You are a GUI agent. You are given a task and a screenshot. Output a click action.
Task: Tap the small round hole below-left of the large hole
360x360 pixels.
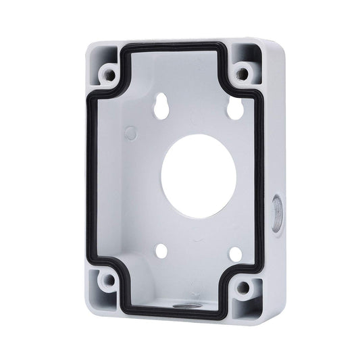pyautogui.click(x=162, y=251)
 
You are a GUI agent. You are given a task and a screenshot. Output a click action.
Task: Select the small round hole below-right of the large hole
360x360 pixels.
pyautogui.click(x=234, y=254)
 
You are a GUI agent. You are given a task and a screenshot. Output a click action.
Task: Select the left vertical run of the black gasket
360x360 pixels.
pyautogui.click(x=91, y=176)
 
